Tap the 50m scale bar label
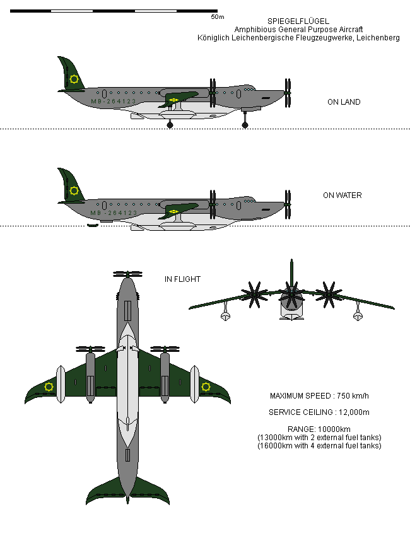point(217,17)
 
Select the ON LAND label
point(344,102)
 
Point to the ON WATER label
point(342,195)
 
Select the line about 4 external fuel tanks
point(319,446)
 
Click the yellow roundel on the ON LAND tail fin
point(74,79)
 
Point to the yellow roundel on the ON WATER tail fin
point(74,190)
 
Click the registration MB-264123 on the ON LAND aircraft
point(114,102)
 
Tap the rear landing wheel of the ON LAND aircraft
point(170,125)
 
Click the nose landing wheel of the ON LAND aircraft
point(245,125)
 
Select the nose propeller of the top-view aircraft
point(127,275)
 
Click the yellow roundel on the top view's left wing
point(49,387)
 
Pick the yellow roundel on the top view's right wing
point(206,387)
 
